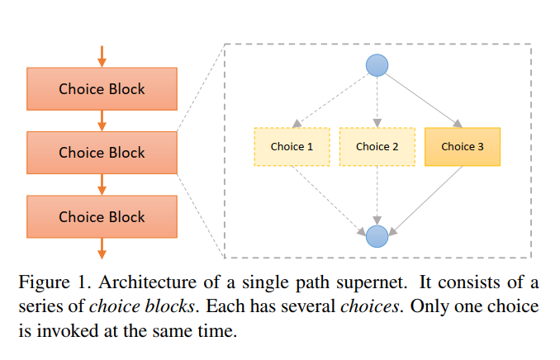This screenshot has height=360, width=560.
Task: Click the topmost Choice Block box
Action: (102, 88)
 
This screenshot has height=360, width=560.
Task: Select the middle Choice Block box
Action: (102, 152)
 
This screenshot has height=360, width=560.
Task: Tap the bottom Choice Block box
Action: (102, 216)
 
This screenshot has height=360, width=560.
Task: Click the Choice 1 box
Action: (292, 146)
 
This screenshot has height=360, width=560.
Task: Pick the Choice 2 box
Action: (377, 146)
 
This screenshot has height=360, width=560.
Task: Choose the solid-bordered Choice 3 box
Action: (463, 146)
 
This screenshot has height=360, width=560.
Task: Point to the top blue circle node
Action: (377, 64)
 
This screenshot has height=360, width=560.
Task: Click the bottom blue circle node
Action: (377, 236)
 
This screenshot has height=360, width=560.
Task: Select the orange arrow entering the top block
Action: (102, 56)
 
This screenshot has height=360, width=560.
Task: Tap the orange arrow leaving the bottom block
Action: (102, 248)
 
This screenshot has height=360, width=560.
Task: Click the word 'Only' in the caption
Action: (429, 306)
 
